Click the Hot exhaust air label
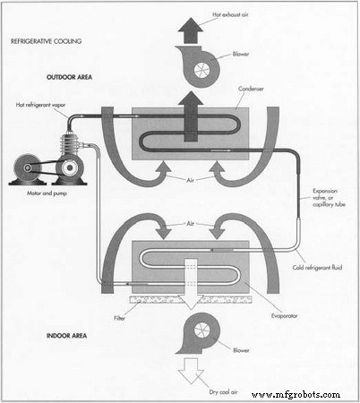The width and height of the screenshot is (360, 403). (x=232, y=15)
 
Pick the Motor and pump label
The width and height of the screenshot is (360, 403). (x=42, y=194)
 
